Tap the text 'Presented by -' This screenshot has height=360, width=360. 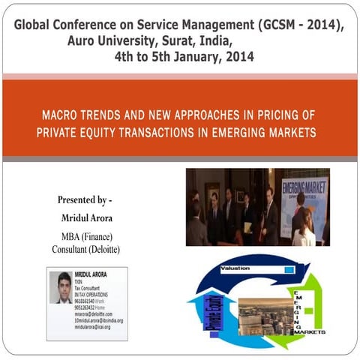click(84, 200)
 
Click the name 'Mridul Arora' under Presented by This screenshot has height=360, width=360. click(85, 217)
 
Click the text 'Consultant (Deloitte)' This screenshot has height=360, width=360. click(85, 249)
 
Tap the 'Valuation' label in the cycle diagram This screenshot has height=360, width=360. click(235, 268)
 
